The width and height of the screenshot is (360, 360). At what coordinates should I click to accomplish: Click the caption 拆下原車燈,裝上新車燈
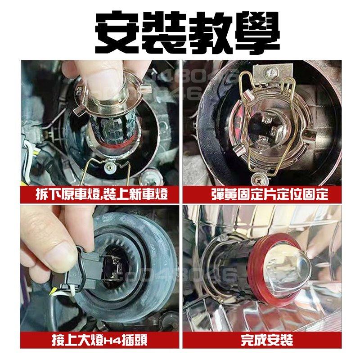coord(102,195)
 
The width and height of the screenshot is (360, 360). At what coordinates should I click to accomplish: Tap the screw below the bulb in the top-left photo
coord(110,167)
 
